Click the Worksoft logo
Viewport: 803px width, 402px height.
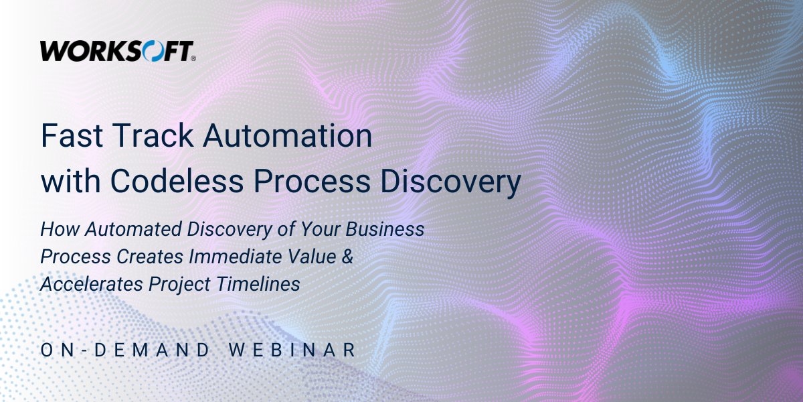[117, 51]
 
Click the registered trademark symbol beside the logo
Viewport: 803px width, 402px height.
[193, 59]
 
